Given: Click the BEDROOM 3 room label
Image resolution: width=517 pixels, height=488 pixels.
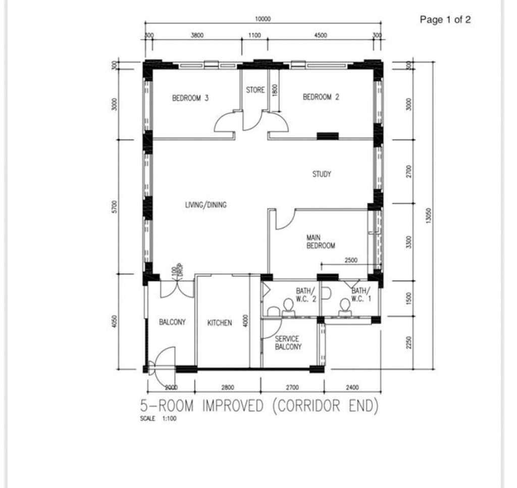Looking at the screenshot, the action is (x=190, y=98).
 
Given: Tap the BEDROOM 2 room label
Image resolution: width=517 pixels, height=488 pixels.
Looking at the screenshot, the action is (x=321, y=97).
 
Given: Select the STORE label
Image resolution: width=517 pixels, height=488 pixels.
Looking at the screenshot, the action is (x=255, y=90).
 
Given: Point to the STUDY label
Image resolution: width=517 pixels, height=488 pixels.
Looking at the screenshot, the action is (x=322, y=174).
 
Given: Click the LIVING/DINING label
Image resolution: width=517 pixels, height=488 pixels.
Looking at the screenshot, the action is (x=206, y=205).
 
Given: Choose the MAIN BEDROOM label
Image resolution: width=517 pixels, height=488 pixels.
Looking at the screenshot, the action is (x=321, y=241).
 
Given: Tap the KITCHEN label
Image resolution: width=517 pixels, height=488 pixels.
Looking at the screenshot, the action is (x=219, y=323).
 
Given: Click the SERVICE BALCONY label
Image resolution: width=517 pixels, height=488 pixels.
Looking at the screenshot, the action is (x=288, y=343).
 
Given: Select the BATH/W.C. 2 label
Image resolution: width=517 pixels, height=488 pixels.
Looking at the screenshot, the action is (x=306, y=295).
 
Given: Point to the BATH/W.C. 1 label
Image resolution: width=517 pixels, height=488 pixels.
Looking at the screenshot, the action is (x=361, y=295).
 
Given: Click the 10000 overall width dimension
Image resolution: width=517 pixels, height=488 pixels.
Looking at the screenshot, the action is (x=263, y=19).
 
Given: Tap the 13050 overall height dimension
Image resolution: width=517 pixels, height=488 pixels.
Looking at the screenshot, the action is (x=428, y=216).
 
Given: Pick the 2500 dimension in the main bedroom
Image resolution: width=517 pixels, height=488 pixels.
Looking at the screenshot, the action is (x=351, y=260).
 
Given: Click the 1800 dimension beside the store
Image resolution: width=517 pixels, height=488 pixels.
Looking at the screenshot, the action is (x=275, y=90).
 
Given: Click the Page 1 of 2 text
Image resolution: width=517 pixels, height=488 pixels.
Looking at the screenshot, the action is (x=445, y=20).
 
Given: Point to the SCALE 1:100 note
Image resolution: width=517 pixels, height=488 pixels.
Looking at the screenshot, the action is (x=158, y=418).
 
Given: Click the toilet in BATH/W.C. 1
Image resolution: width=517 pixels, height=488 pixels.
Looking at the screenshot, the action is (x=345, y=305).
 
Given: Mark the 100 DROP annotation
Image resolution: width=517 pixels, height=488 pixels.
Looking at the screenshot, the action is (x=177, y=270).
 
